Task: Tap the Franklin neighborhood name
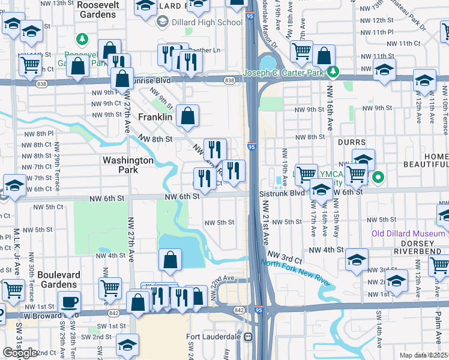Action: pos(155,118)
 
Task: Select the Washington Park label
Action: pos(128,165)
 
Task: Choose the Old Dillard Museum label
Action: pos(410,233)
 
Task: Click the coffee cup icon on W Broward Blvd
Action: pos(69,302)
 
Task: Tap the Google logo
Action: pos(19,353)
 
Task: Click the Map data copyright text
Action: pos(423,355)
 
